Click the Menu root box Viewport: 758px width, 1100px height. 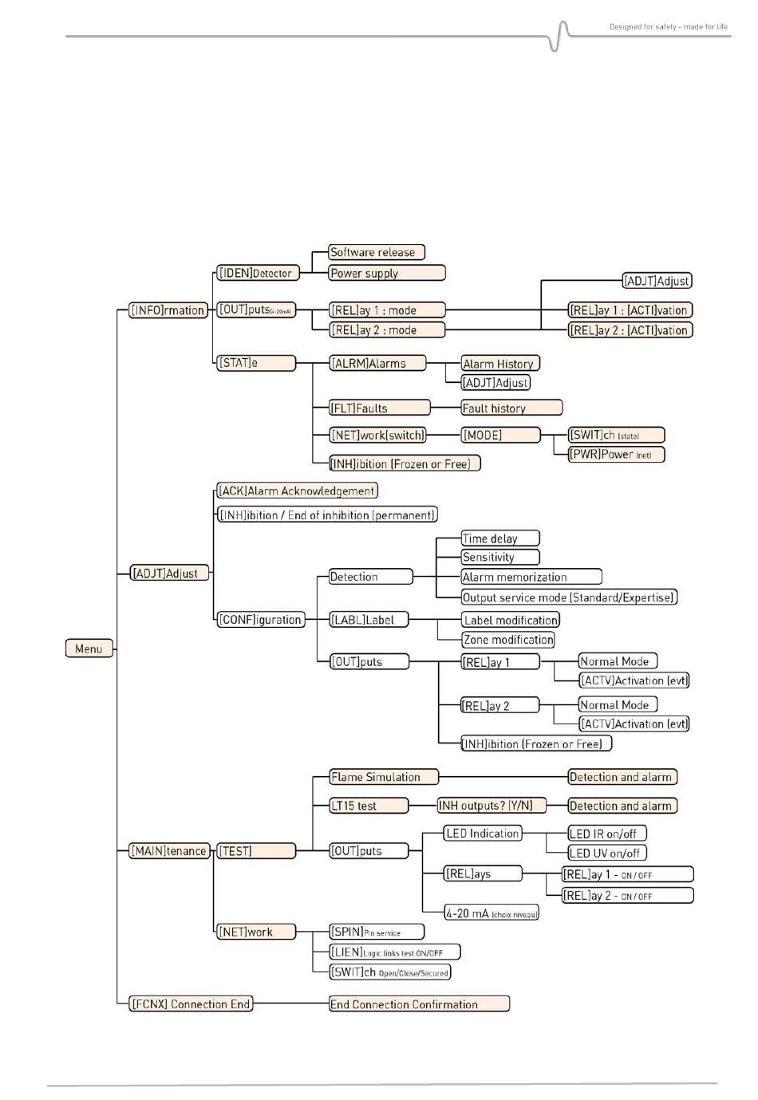pos(89,649)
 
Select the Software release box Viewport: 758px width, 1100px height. pos(376,252)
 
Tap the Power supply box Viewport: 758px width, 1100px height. pos(386,273)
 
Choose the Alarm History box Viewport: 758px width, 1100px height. pos(500,364)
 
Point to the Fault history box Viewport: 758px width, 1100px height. pos(511,408)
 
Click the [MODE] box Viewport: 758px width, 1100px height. pos(500,436)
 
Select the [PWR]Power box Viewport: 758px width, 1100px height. pos(616,455)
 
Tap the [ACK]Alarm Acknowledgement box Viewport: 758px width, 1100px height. pos(297,491)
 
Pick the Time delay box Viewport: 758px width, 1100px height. pos(500,538)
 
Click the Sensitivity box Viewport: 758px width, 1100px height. pos(500,558)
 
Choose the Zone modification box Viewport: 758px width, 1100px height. pos(508,640)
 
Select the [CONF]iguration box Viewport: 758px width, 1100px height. pos(261,620)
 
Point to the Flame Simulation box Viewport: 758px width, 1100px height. pos(384,777)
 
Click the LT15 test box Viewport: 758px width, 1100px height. pos(369,806)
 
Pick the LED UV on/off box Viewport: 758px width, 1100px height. pos(606,854)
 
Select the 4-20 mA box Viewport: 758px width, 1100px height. pos(492,913)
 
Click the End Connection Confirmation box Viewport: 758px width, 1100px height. pos(419,1004)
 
